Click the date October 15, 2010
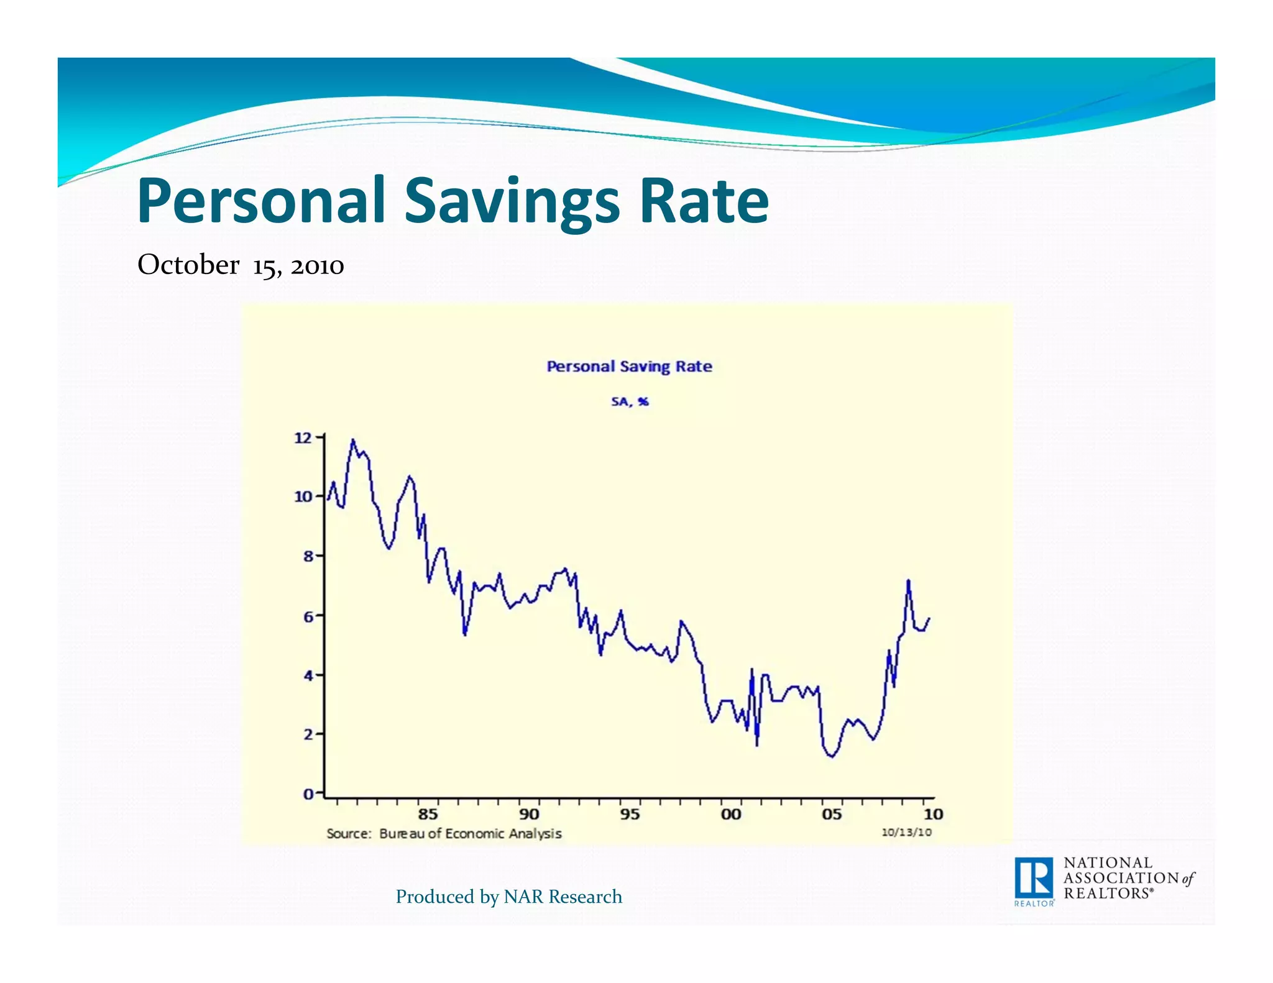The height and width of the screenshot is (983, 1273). click(241, 265)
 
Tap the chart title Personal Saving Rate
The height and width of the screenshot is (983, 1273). click(629, 367)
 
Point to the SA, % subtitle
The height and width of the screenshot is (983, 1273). click(630, 402)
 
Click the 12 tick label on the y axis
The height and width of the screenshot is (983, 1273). click(303, 438)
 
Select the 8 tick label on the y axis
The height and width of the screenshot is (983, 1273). click(308, 556)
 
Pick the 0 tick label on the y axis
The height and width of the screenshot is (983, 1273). click(308, 794)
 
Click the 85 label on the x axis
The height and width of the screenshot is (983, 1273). click(428, 814)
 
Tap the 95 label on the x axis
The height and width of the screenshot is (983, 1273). click(630, 814)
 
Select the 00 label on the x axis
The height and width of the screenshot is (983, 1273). click(731, 814)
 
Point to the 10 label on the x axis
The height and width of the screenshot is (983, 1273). click(933, 814)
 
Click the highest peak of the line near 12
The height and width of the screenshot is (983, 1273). click(353, 440)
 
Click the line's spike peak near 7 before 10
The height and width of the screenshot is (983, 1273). click(908, 580)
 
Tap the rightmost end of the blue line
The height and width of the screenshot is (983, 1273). click(929, 618)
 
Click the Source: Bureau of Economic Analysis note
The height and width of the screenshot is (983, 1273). click(444, 834)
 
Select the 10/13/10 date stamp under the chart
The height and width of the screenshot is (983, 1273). click(906, 833)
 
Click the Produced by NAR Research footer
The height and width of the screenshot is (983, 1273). click(508, 897)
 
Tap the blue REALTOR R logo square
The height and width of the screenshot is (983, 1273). click(1034, 878)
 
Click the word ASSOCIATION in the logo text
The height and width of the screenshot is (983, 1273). click(1121, 878)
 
